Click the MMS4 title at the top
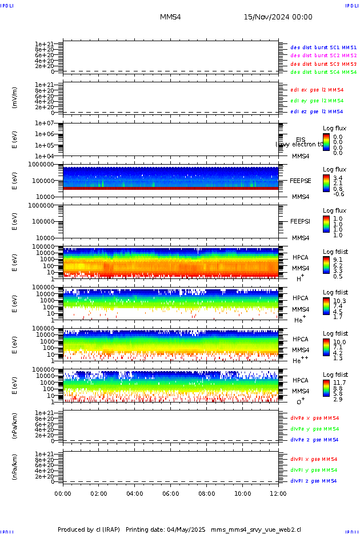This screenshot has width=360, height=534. coord(170,17)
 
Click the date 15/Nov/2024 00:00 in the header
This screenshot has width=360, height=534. coord(278,17)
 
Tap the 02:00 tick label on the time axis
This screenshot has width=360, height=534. coord(99,493)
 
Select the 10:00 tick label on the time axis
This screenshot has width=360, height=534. coord(243,493)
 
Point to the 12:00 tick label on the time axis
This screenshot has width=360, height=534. coord(278,493)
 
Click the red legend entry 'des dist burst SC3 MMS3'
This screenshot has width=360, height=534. coord(323,64)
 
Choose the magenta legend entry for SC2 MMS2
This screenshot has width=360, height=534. coord(323,55)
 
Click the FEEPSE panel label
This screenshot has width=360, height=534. coord(301,180)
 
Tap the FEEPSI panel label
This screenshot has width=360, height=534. coord(301,221)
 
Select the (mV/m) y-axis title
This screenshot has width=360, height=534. coord(15,98)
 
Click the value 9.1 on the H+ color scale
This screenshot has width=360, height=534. coord(338,259)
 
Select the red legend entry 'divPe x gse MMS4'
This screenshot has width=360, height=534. coord(314,418)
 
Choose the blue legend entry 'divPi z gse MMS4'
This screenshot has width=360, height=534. coord(314,481)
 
